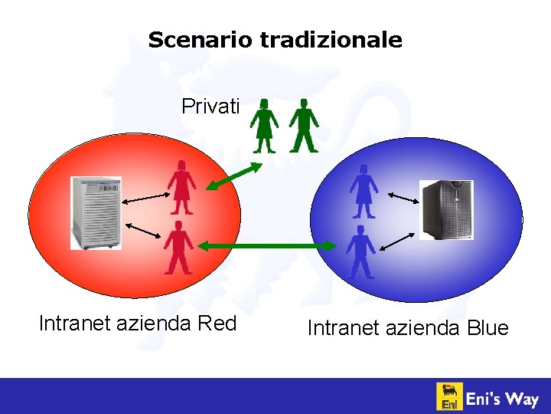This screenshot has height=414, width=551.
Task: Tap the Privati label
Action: tap(210, 107)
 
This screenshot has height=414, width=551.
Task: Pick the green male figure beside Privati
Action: tap(304, 125)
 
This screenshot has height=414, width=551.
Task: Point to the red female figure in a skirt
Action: tap(182, 187)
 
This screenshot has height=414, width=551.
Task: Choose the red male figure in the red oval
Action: tap(178, 247)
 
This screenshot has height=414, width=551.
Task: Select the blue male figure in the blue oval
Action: tap(360, 251)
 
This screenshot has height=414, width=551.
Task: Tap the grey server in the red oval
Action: tap(96, 213)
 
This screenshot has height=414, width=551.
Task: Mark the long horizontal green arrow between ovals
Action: tap(267, 245)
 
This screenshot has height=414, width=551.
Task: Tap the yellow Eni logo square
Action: tap(448, 396)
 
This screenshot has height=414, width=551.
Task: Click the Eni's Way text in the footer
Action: tap(503, 399)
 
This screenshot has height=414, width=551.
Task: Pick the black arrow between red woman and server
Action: tap(145, 199)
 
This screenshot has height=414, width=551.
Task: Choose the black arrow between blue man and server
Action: tap(396, 240)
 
